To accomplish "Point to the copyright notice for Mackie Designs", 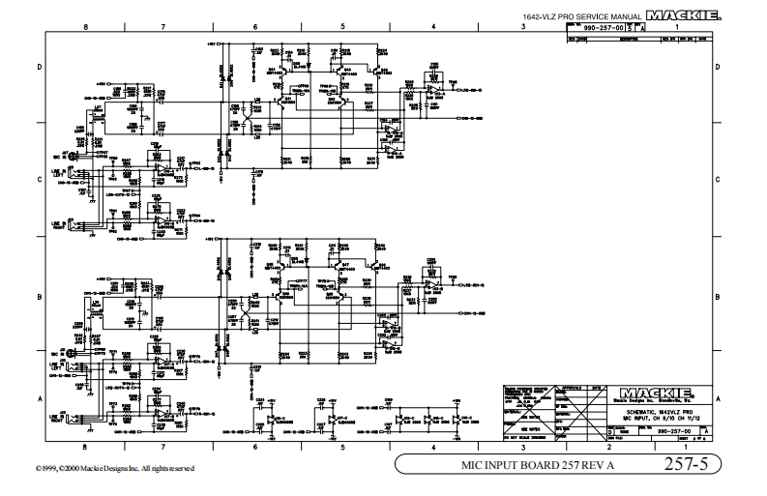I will (x=98, y=468).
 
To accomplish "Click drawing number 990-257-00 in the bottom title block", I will (x=673, y=429).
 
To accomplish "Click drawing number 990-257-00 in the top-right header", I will (x=603, y=29).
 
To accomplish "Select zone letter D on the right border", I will (x=716, y=67).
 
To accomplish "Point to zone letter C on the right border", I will (x=716, y=179).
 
